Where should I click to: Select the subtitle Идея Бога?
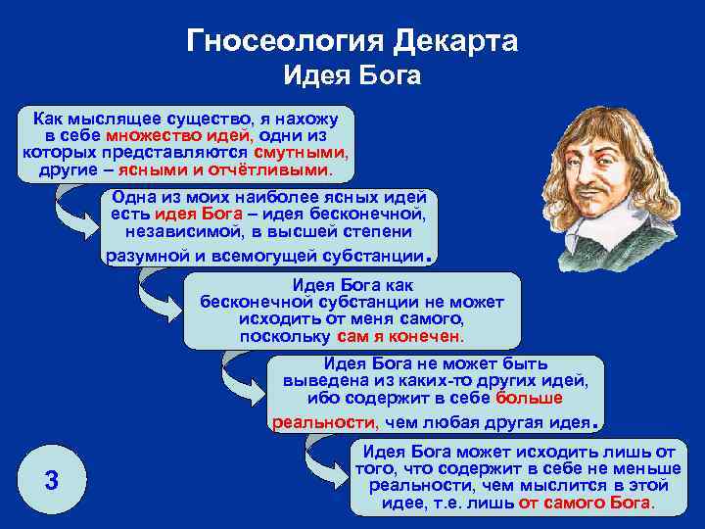(x=352, y=76)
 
